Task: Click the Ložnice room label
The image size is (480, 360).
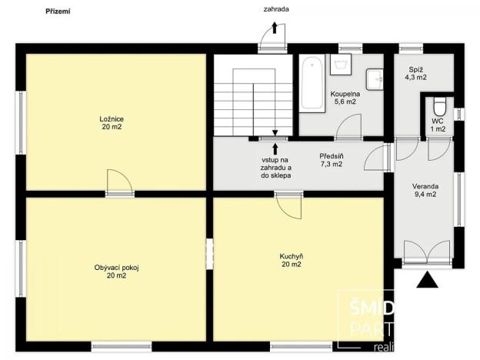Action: pos(112,123)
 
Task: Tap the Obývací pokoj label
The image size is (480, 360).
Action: pos(111,270)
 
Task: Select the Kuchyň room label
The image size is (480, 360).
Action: pos(291,260)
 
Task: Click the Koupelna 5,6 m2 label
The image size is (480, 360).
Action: pos(343,98)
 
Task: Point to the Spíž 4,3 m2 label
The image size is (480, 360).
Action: pos(417,74)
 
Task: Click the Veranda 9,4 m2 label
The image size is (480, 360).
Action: pos(425,190)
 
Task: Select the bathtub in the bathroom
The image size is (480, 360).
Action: pos(312,83)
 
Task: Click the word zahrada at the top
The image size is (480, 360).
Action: pos(275,9)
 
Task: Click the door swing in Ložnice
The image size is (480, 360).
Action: pos(119,182)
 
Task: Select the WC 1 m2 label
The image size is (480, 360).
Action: pos(438,125)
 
